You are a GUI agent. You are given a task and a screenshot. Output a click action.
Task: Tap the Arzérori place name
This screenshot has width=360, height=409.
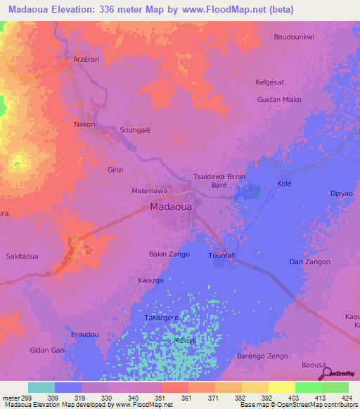pos(88,60)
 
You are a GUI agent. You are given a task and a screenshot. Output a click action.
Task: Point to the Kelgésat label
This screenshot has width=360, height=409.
pos(270,82)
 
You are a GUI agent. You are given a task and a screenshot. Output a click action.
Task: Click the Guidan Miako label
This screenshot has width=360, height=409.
pos(280,100)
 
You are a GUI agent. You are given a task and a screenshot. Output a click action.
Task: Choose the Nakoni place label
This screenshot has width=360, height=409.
pos(85,124)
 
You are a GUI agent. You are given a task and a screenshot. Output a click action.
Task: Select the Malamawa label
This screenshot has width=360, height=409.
pos(150,190)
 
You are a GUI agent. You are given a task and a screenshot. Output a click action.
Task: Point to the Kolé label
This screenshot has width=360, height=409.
pos(284,183)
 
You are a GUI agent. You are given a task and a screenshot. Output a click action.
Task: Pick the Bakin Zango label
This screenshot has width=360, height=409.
pos(169,254)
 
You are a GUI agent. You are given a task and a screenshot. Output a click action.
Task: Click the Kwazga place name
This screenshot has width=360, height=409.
pos(150,280)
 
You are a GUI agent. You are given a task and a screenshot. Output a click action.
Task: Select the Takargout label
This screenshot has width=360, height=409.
pos(162,318)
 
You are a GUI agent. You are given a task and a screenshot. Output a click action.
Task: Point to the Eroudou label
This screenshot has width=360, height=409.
pos(84,335)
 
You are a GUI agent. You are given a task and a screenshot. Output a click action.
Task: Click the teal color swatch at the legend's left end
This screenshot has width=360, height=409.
pos(41,387)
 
